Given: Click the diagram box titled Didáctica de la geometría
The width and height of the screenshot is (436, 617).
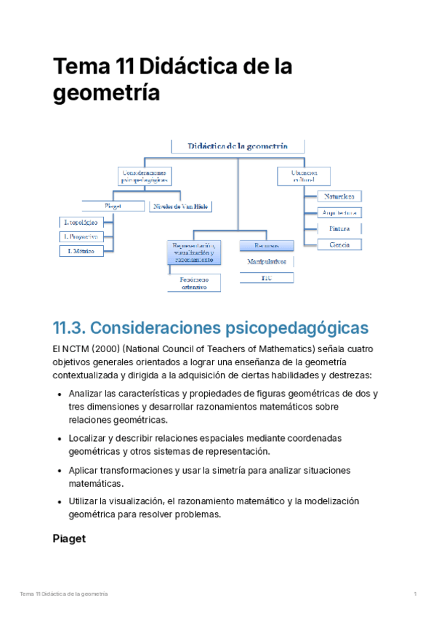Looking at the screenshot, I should pos(238,146).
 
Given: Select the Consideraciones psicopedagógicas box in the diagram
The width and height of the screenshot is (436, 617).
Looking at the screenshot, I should pos(144,175).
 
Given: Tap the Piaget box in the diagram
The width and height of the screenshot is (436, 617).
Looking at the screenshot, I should pos(113,206).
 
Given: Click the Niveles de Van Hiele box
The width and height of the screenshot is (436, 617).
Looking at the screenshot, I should pos(181,206).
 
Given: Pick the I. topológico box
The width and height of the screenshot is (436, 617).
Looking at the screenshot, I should pos(81,222).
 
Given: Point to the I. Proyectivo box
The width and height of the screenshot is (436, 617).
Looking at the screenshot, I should pos(81,236).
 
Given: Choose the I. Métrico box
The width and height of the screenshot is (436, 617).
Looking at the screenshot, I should pos(81,251).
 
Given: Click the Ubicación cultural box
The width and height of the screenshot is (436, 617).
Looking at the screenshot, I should pos(303,175).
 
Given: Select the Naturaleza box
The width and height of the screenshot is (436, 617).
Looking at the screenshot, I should pos(339,196).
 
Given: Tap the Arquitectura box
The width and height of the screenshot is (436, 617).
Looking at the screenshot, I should pos(339,212).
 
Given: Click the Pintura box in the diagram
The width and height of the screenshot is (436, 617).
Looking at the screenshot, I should pos(339,228).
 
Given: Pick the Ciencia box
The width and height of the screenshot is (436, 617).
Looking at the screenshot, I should pos(339,244).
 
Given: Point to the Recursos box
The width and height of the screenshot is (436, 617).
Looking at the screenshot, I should pos(266,246).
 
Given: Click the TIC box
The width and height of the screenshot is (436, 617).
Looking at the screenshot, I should pos(266,278).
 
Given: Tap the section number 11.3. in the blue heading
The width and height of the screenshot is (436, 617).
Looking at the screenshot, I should pos(70,327).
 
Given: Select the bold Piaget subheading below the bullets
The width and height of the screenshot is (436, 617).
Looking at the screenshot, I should pos(69,539).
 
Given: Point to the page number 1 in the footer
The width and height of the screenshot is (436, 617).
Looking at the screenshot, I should pos(414,595).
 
